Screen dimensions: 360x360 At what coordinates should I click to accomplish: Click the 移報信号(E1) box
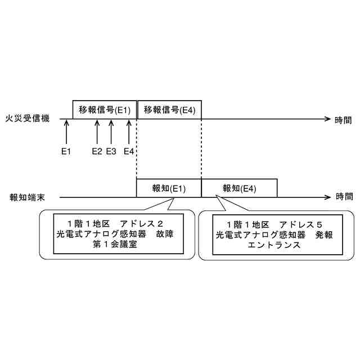(105, 110)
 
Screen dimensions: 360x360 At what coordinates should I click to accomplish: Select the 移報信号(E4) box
(169, 110)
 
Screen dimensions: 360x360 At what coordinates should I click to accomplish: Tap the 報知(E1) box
(169, 188)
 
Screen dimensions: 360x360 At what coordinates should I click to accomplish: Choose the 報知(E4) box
(239, 188)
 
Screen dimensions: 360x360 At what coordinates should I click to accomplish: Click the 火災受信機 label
(28, 119)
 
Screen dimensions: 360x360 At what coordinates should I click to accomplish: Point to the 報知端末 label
(28, 197)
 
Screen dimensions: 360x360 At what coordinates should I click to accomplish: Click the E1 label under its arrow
(66, 151)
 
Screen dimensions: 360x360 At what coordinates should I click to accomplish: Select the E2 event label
(97, 151)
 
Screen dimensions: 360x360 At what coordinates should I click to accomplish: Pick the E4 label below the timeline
(129, 151)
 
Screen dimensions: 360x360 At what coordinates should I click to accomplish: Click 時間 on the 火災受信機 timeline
(344, 119)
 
